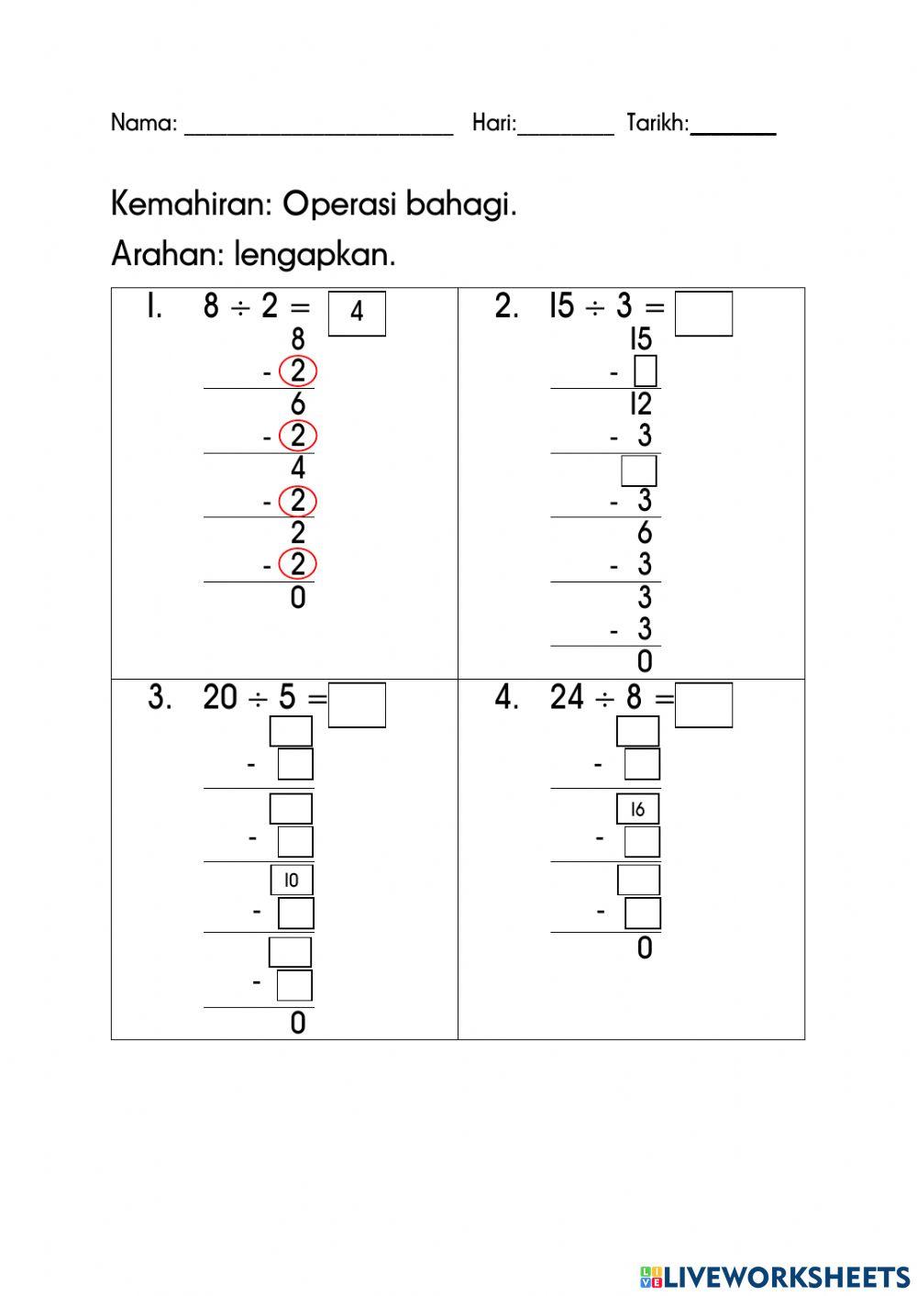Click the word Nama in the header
144,123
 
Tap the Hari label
494,123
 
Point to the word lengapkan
315,255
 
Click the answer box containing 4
357,314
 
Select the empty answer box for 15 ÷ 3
703,314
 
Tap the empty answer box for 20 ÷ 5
357,705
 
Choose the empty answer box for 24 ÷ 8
703,705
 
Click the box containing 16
637,809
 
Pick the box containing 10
293,880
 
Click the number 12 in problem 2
641,404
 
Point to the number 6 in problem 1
298,404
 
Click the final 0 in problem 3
298,1023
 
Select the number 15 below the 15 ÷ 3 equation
641,339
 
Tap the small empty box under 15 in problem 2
646,371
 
